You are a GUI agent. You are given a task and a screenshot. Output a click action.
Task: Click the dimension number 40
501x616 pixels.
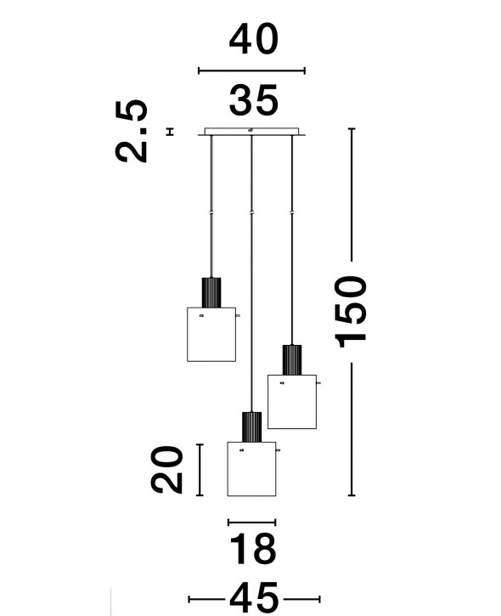tap(254, 39)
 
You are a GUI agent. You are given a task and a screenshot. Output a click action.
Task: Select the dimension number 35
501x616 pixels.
tap(254, 100)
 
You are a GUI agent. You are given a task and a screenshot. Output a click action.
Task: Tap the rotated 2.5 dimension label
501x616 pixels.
tap(132, 131)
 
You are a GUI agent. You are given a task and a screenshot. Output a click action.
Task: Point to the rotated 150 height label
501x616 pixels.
tap(350, 312)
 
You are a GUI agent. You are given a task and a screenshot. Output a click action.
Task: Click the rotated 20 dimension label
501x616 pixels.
tap(167, 470)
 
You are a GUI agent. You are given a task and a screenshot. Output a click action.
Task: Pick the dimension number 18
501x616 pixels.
tap(253, 549)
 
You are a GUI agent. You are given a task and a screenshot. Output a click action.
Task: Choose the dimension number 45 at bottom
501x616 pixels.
tap(254, 599)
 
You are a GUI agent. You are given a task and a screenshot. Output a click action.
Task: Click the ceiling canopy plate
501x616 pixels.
tap(251, 132)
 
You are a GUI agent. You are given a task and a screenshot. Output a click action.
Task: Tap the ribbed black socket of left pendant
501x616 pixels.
tap(211, 292)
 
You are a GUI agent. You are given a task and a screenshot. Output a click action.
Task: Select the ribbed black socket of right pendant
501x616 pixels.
tap(292, 360)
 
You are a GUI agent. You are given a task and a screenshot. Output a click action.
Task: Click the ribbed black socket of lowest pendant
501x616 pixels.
tap(251, 427)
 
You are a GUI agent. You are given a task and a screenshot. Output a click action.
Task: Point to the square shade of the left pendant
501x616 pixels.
tap(211, 334)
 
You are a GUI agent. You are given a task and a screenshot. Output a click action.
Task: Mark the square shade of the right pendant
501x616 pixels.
tap(292, 402)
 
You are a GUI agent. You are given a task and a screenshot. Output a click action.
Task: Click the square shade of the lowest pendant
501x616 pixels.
tap(251, 469)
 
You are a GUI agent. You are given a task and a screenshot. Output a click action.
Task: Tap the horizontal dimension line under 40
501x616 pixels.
tap(251, 71)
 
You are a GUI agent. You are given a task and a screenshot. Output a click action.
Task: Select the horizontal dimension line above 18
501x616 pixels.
tap(251, 522)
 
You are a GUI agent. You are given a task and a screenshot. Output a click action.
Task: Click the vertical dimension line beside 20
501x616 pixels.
tap(200, 470)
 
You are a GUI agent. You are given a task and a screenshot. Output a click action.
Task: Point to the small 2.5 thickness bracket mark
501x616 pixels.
tap(170, 132)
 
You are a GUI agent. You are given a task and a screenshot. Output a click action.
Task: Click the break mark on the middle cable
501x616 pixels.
tap(251, 212)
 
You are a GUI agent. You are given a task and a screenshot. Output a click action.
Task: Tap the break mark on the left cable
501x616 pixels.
tap(211, 212)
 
